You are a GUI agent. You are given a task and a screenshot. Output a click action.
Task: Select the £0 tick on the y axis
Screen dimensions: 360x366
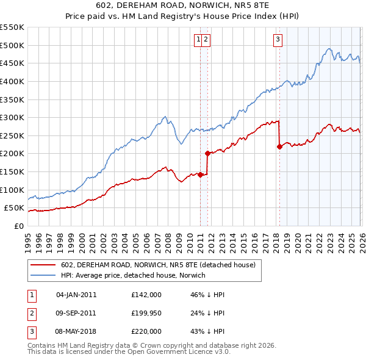tap(19, 226)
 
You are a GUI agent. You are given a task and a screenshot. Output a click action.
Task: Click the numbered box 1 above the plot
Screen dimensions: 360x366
tap(199, 40)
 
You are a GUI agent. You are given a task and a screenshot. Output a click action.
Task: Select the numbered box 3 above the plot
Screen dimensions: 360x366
tap(278, 40)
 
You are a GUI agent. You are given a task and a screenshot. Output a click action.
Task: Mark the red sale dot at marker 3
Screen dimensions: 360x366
tap(279, 146)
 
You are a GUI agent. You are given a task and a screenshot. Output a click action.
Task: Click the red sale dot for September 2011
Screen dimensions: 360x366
tap(207, 154)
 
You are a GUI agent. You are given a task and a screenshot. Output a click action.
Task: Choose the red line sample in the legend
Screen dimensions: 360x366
tap(43, 265)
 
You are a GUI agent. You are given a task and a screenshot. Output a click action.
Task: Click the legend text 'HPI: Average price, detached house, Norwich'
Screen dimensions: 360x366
tap(133, 275)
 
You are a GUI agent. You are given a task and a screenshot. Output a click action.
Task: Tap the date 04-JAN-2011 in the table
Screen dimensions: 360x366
tap(76, 295)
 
